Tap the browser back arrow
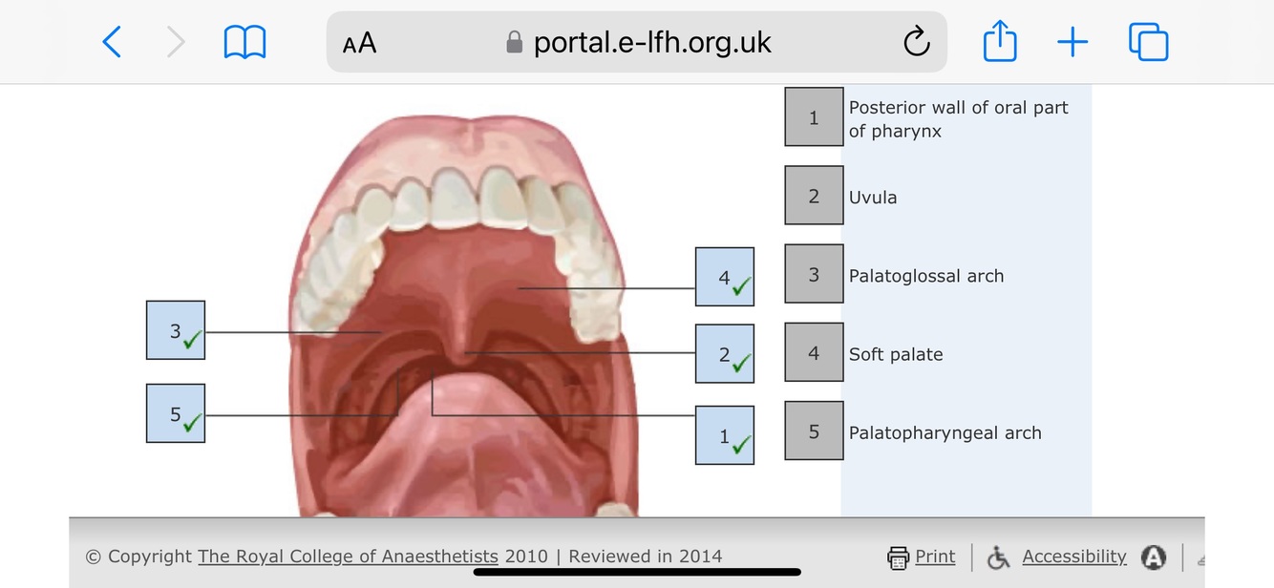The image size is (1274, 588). [112, 42]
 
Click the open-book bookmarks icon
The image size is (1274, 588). [244, 42]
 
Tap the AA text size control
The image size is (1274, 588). [359, 43]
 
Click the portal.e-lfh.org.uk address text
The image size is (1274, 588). [652, 42]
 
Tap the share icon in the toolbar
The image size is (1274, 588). [1000, 42]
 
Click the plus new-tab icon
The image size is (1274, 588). [1072, 42]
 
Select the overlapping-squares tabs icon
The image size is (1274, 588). [1148, 42]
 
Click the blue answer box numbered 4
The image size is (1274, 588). [725, 277]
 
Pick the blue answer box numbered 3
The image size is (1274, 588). [176, 330]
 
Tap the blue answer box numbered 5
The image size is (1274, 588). [176, 413]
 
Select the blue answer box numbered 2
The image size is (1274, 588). [725, 354]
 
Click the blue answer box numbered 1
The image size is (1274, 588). [725, 435]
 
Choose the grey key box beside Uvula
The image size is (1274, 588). [814, 197]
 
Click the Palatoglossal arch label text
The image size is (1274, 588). [926, 276]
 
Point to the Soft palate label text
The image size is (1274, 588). [896, 354]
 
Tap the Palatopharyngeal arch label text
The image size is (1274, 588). [945, 432]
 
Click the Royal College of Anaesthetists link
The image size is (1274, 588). [348, 556]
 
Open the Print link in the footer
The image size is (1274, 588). [934, 556]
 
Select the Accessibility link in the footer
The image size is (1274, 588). [1073, 556]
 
